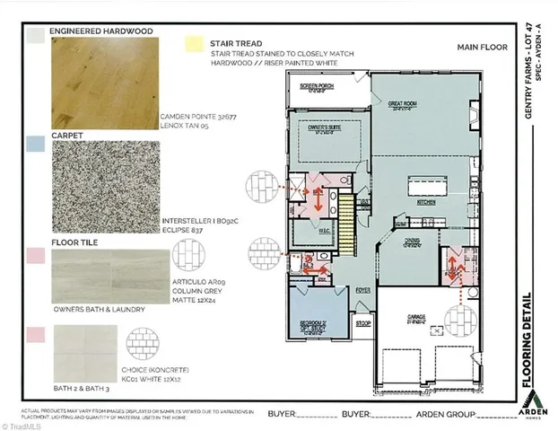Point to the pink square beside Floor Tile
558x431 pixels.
coord(35,256)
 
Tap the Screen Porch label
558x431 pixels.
coord(314,87)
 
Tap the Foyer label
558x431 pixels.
coord(362,290)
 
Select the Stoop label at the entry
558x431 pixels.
coord(364,323)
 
